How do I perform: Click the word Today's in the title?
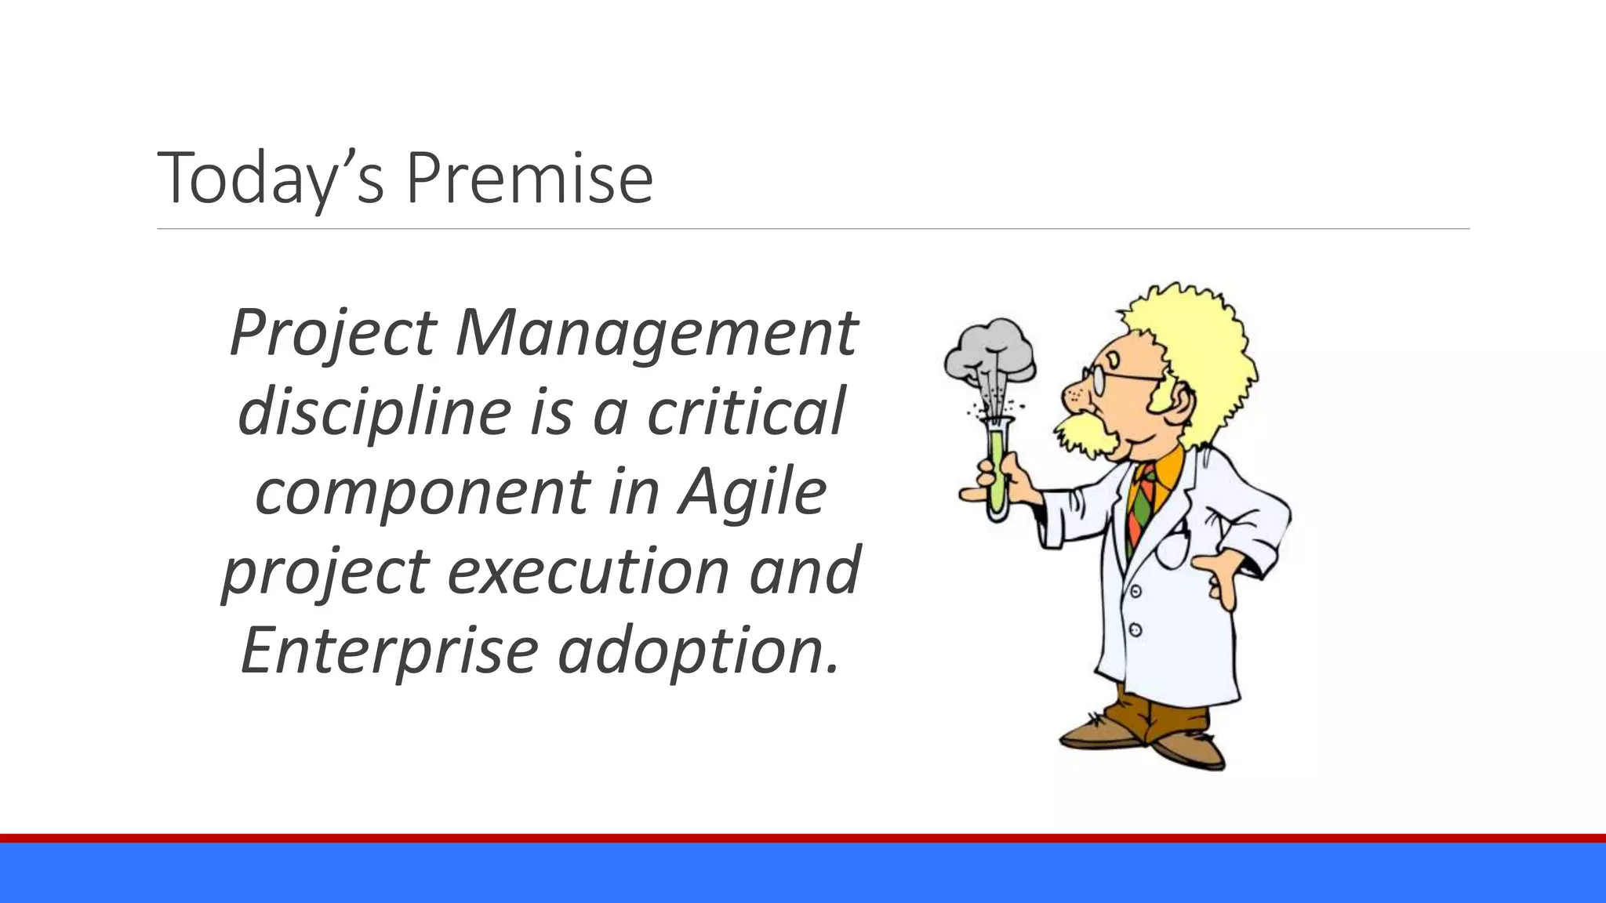(271, 179)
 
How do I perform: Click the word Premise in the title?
(529, 179)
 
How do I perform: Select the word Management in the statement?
(656, 332)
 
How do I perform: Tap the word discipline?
(375, 412)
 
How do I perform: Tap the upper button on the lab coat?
(1135, 591)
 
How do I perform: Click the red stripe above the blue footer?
(803, 838)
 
